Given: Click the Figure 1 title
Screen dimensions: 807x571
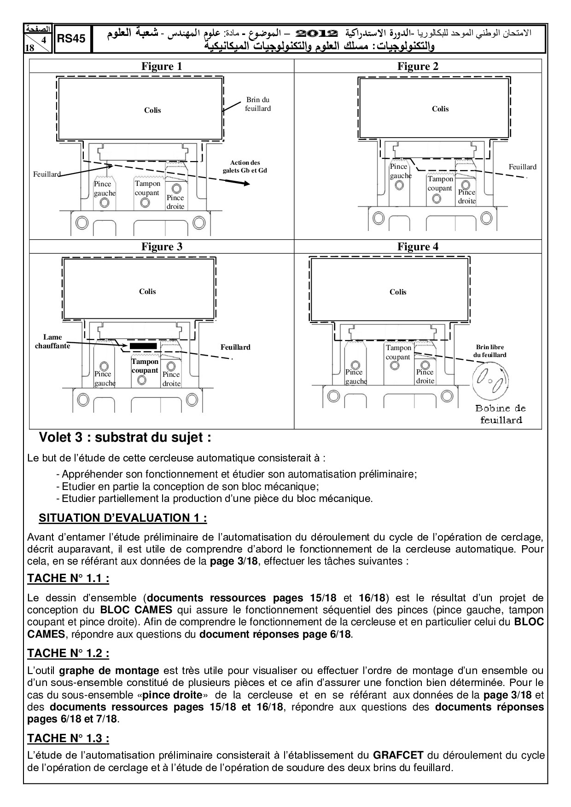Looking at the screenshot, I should pyautogui.click(x=161, y=66).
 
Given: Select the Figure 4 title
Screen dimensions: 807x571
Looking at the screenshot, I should pyautogui.click(x=418, y=247).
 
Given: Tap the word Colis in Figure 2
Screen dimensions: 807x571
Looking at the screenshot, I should pyautogui.click(x=440, y=109).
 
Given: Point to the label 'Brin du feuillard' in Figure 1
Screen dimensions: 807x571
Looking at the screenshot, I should pyautogui.click(x=258, y=104).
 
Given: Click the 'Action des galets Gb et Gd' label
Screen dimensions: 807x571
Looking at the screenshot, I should pyautogui.click(x=245, y=166).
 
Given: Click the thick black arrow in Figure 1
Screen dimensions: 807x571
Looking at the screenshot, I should pyautogui.click(x=238, y=182).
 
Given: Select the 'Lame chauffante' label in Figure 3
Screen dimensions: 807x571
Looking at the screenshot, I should pyautogui.click(x=52, y=341).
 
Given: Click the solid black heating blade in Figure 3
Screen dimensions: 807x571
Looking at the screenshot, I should pyautogui.click(x=143, y=345).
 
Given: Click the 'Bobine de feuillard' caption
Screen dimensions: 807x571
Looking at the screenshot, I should pyautogui.click(x=501, y=414).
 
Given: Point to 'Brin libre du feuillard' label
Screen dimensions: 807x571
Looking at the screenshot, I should pyautogui.click(x=490, y=351).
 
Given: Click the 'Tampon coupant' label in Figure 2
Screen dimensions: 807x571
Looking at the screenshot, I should pyautogui.click(x=440, y=184).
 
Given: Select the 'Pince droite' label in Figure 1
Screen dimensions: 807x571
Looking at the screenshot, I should pyautogui.click(x=175, y=202).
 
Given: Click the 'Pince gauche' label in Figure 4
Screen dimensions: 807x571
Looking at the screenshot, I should pyautogui.click(x=355, y=377).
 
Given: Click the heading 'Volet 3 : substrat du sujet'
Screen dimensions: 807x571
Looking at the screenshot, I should pyautogui.click(x=125, y=438).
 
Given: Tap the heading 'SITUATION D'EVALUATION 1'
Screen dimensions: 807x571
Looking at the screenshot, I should pyautogui.click(x=123, y=518).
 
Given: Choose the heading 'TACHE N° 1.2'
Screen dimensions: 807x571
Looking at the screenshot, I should pyautogui.click(x=68, y=653).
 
